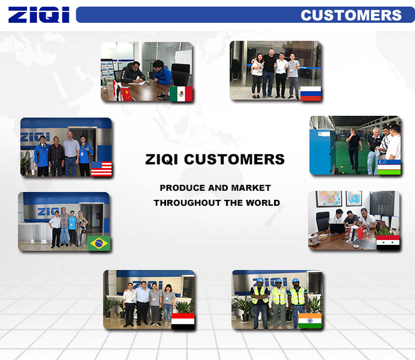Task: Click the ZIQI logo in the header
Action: tap(38, 15)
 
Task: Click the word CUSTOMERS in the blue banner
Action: tap(351, 15)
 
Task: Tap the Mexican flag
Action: tap(181, 94)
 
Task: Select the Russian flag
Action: tap(311, 94)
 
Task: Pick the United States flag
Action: tap(101, 169)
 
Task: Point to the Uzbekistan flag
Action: tap(389, 167)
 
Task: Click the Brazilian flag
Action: tap(99, 243)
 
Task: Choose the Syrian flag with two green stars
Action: tap(388, 242)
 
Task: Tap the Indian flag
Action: tap(310, 321)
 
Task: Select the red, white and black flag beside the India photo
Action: tap(183, 321)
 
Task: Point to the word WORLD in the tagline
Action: tap(263, 203)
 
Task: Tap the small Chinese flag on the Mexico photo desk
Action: tap(126, 94)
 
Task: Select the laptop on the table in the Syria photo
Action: tap(338, 229)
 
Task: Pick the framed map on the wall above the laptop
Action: tap(329, 198)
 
